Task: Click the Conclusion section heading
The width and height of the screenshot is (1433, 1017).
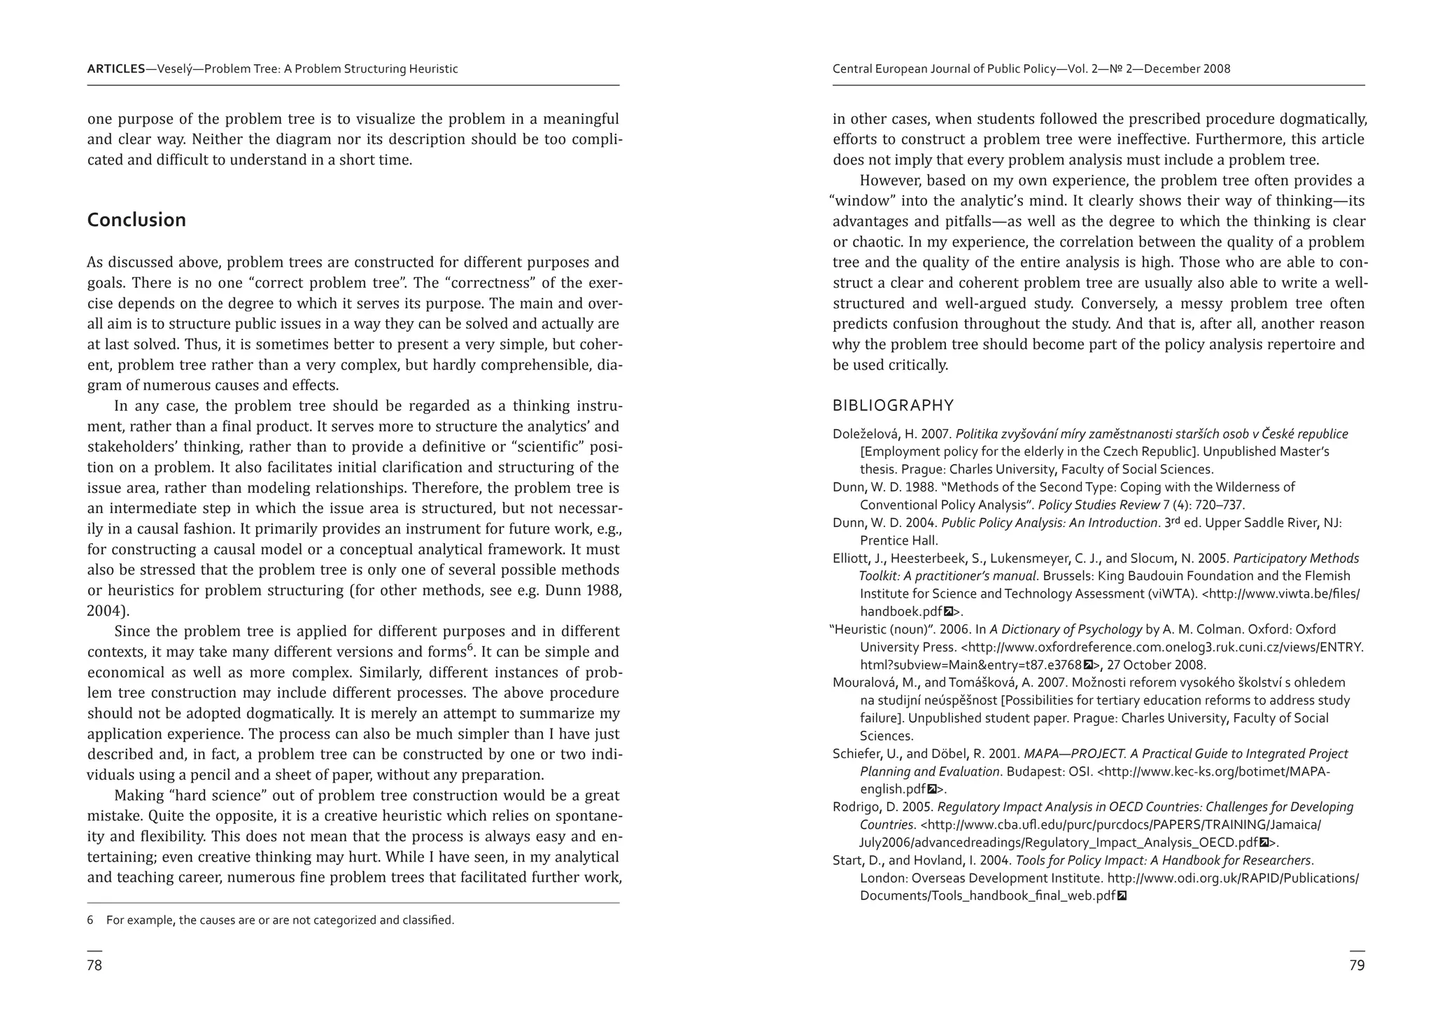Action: (136, 220)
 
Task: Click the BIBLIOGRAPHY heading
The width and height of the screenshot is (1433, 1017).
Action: (893, 406)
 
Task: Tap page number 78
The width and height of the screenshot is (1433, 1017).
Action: (94, 965)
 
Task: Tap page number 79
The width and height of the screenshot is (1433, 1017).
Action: (1357, 965)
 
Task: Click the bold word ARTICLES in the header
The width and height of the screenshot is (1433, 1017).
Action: (116, 69)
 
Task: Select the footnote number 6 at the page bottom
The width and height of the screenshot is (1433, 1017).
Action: (90, 920)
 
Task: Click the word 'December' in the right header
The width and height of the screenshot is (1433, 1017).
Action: (1166, 69)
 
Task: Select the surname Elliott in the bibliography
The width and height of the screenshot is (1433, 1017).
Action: (849, 559)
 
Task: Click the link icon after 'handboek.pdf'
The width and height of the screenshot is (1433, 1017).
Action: (948, 612)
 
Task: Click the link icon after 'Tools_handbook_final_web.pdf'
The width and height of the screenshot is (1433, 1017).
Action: (1122, 896)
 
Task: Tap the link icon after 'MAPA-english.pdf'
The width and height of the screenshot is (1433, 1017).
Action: (931, 790)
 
